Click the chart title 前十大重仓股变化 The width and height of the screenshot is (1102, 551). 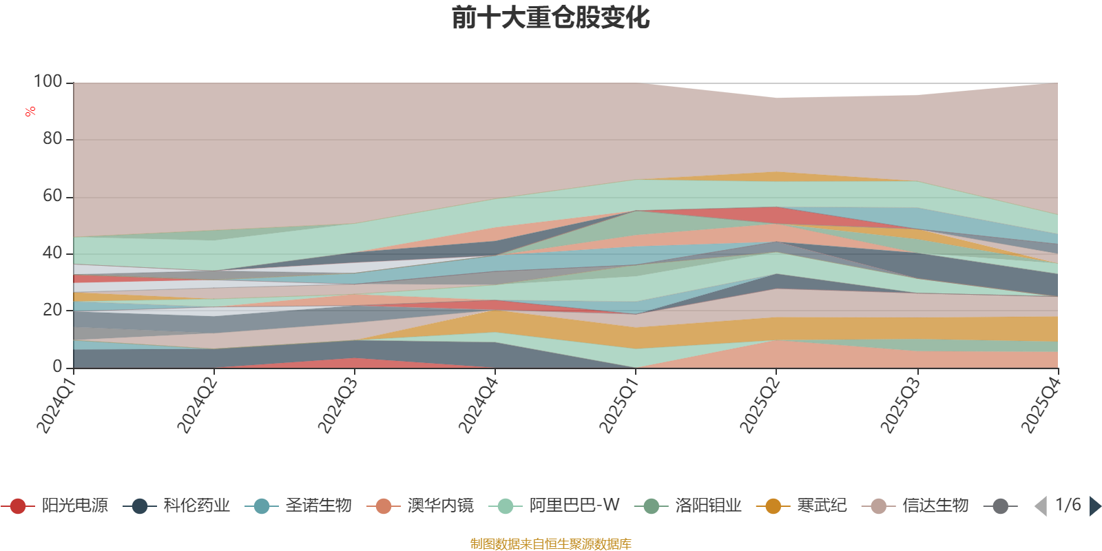(550, 18)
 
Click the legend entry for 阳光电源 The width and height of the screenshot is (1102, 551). (54, 506)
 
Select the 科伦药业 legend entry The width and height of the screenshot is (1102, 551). (176, 506)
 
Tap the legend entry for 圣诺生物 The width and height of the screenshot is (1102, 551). (299, 506)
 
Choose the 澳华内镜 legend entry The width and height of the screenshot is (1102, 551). (421, 506)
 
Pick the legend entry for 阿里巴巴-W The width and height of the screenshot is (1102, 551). (554, 506)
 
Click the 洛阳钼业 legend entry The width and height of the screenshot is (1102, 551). (688, 506)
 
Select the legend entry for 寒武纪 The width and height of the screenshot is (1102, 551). (802, 506)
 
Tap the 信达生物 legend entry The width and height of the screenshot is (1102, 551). (915, 506)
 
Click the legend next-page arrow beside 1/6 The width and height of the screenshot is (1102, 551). (1095, 506)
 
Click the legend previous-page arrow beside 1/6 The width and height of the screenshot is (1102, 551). (1041, 506)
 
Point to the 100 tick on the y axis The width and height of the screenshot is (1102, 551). (48, 81)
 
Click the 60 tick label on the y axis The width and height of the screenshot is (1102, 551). (52, 196)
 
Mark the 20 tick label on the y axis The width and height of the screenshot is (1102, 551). (52, 310)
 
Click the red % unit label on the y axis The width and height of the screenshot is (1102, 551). (30, 112)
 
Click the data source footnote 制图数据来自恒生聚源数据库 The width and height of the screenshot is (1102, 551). (550, 543)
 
